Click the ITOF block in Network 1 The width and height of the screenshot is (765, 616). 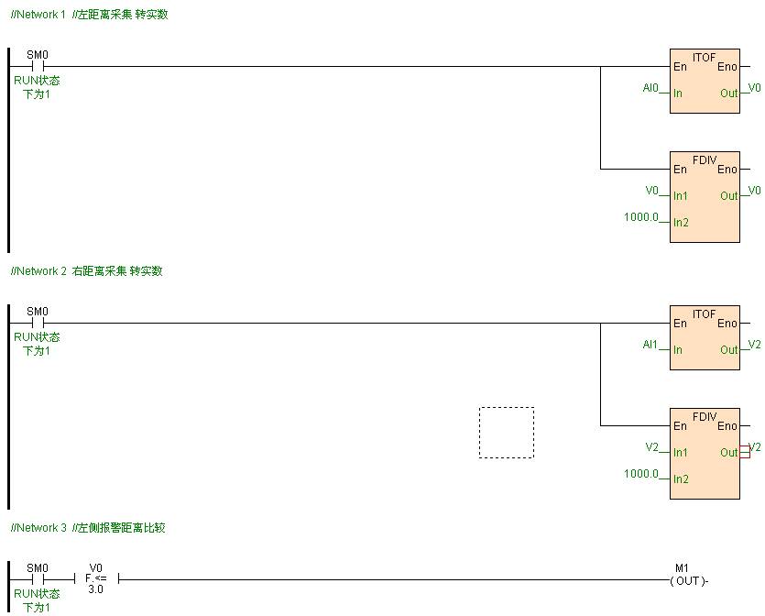coord(704,81)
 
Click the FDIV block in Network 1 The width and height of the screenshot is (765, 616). coord(704,196)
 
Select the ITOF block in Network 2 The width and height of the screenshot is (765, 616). coord(704,337)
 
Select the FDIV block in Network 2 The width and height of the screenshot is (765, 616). coord(704,453)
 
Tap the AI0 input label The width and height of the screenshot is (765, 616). coord(650,88)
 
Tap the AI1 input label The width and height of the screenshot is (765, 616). coord(650,345)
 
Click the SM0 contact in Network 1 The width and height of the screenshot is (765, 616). coord(38,66)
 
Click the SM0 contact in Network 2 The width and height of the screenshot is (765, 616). coord(38,323)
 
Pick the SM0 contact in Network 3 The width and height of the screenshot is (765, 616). coord(38,579)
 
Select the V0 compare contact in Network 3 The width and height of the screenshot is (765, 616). coord(96,578)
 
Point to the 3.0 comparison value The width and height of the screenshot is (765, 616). coord(96,590)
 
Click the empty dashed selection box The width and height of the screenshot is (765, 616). coord(506,433)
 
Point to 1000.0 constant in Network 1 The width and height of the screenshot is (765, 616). coord(641,217)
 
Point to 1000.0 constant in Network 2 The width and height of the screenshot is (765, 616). coord(641,474)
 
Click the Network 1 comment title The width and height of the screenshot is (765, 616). coord(89,15)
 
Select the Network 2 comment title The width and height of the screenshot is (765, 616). coord(86,271)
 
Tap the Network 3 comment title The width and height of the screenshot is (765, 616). coord(88,528)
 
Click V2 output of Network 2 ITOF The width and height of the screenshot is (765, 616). coord(754,345)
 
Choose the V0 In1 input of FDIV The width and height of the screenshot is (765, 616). coord(652,191)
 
